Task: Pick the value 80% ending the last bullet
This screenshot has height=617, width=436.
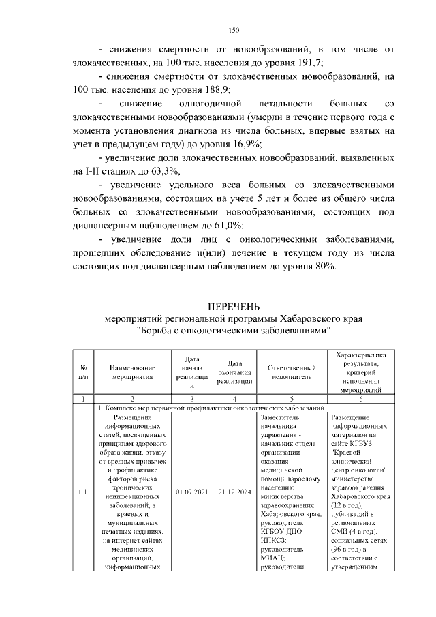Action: pos(324,266)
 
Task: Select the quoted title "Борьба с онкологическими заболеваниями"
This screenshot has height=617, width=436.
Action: pos(234,331)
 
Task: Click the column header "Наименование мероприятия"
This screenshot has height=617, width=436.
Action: pos(133,371)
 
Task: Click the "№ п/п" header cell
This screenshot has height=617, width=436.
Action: pos(83,371)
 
